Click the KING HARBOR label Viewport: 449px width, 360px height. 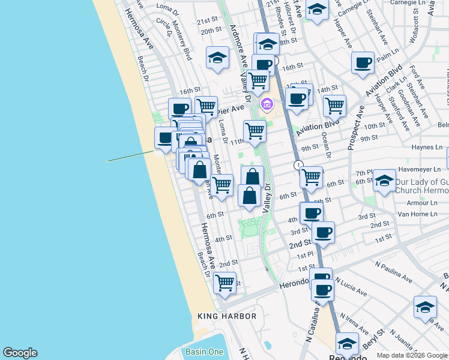(x=227, y=316)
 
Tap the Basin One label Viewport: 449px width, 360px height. (x=204, y=352)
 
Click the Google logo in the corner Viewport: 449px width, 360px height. (x=20, y=353)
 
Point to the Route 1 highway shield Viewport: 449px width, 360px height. (x=298, y=165)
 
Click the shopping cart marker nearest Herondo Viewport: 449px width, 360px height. (x=224, y=281)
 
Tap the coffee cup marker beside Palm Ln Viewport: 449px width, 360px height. (x=363, y=62)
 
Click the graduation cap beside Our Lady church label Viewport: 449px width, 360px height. (x=384, y=180)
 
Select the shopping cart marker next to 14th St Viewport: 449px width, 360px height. (x=334, y=106)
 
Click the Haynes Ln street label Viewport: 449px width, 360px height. (x=427, y=147)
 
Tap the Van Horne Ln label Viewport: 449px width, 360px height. (x=420, y=214)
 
